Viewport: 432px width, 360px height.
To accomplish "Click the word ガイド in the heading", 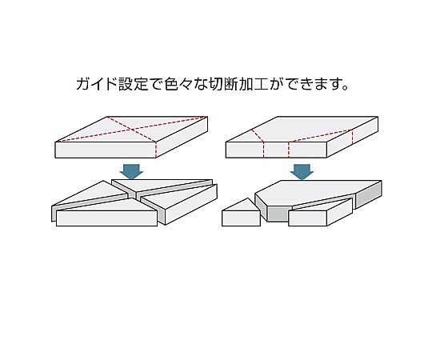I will tap(94, 84).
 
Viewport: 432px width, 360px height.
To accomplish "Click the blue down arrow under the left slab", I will tap(132, 171).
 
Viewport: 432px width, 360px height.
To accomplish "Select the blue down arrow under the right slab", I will tap(302, 171).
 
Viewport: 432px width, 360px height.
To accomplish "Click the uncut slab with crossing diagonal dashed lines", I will tap(132, 140).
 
